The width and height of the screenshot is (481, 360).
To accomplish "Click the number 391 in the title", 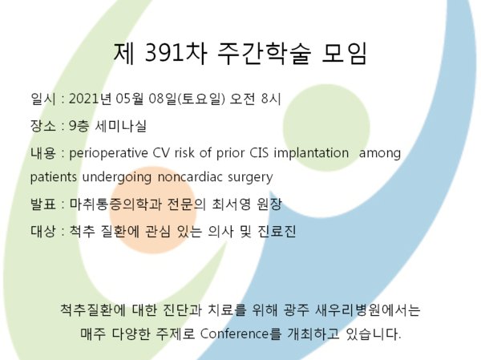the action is coord(161,53).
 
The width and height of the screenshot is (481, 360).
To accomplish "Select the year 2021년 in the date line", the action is coord(90,99).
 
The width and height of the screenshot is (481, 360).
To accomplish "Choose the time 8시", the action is coord(271,99).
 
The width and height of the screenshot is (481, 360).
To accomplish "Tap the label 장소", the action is coord(43,126).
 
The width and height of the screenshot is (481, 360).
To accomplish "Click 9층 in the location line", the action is coord(79,126).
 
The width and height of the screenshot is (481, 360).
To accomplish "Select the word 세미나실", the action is coord(121,126).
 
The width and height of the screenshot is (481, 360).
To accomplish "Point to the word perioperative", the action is coord(108,153).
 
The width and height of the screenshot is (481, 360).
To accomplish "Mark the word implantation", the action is coord(311,153).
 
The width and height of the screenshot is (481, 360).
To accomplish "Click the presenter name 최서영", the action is coord(232,204).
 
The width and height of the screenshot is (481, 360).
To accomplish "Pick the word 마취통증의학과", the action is coord(115,204).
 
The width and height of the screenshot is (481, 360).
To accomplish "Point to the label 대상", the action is coord(43,231).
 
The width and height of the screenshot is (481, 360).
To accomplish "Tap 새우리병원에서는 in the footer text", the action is coord(368,309).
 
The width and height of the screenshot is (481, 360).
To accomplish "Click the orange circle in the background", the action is coord(152,210).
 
